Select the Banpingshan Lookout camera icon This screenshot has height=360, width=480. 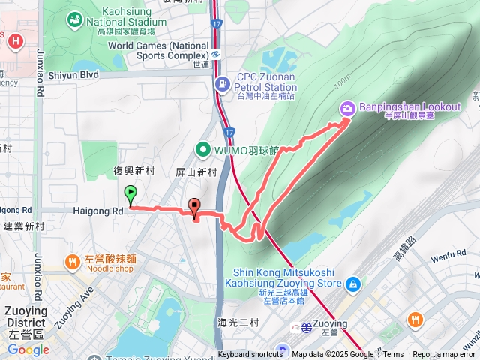(347, 108)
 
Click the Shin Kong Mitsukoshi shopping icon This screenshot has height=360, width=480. (352, 283)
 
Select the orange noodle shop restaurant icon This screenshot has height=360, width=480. (72, 262)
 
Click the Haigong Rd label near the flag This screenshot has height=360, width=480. (97, 211)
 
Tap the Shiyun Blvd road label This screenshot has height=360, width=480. (73, 75)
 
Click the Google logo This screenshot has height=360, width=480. (28, 349)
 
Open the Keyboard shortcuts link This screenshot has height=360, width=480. (250, 355)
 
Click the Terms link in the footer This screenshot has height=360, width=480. (393, 355)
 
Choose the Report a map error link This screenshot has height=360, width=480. (445, 355)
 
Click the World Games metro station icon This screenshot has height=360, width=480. (215, 54)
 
